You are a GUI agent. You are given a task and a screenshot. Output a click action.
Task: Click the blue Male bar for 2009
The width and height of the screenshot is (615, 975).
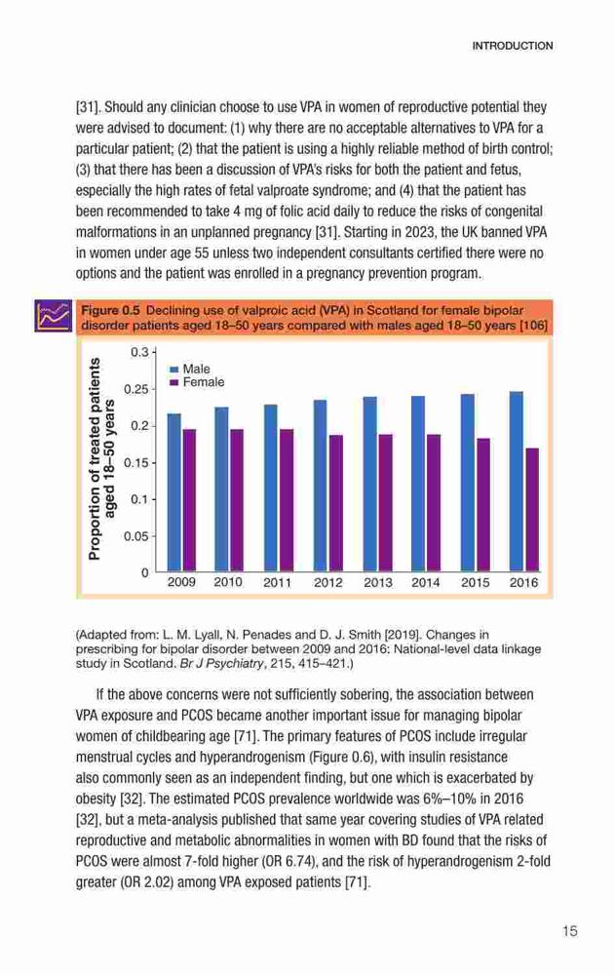[x=174, y=492]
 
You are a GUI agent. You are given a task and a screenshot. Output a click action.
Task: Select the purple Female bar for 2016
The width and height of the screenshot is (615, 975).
[x=532, y=510]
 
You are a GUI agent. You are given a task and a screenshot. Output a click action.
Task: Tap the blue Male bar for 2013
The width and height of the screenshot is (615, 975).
[x=370, y=484]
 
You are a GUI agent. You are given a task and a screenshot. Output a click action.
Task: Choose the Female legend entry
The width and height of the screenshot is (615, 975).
[x=197, y=382]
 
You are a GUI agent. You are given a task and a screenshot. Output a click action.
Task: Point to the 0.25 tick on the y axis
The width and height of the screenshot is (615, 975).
[x=136, y=389]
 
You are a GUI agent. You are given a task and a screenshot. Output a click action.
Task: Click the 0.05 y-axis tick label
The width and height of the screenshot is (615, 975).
[x=136, y=536]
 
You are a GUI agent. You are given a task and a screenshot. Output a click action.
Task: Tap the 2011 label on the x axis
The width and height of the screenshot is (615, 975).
[x=277, y=583]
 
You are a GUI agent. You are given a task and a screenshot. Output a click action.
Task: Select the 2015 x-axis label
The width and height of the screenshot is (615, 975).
[x=475, y=583]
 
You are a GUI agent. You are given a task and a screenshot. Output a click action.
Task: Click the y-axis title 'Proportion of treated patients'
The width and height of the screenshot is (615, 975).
[x=95, y=459]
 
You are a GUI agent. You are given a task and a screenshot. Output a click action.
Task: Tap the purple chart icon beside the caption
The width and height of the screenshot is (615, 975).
[x=54, y=316]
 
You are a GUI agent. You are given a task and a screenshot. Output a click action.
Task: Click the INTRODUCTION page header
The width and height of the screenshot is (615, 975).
[x=513, y=46]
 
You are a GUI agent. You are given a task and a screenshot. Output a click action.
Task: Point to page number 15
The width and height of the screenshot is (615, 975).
[x=569, y=931]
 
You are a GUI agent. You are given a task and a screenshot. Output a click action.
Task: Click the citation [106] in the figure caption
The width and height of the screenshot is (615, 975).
[x=533, y=326]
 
